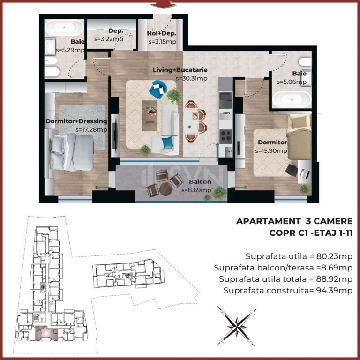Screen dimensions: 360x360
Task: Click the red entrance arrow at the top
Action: (x=164, y=5)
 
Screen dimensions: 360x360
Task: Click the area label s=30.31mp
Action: (x=191, y=79)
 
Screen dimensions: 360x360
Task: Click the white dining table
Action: (x=190, y=121)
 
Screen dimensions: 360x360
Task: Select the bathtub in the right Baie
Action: (x=292, y=99)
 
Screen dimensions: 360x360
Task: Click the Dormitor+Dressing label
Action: (x=76, y=121)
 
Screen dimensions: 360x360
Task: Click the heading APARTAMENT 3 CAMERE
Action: (x=294, y=221)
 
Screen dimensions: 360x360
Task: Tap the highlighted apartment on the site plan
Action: (x=43, y=334)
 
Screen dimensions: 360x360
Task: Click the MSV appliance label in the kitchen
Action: (x=226, y=113)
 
